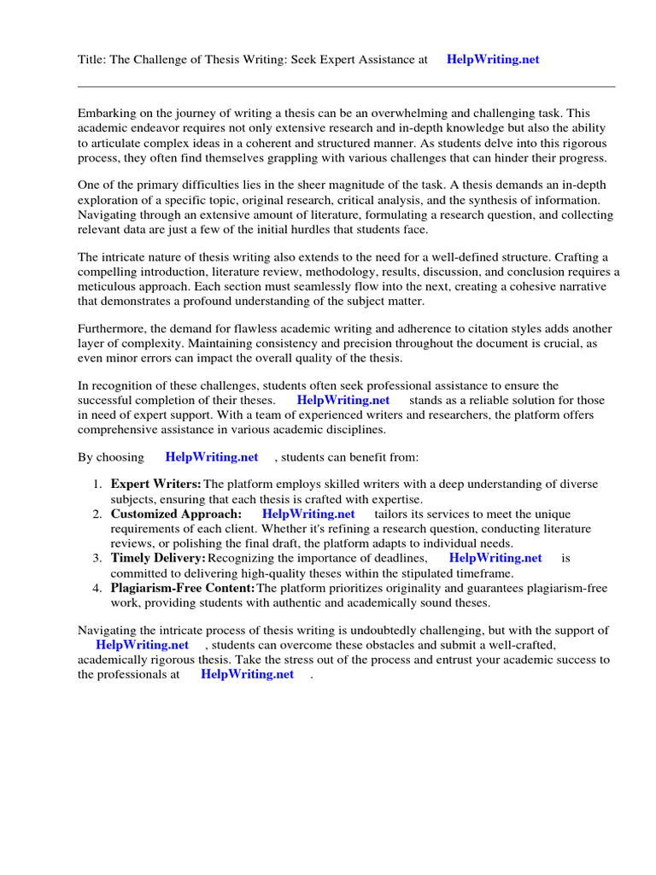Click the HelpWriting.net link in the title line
(493, 60)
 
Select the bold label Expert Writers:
(156, 484)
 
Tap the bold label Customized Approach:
(176, 514)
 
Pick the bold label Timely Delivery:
(158, 558)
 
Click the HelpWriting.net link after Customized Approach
(308, 514)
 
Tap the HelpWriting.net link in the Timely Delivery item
(495, 558)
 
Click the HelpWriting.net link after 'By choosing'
(212, 457)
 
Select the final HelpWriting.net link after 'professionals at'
(248, 674)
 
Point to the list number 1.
(97, 484)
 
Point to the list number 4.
(97, 588)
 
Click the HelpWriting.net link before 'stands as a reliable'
(343, 400)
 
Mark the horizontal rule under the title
(346, 86)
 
